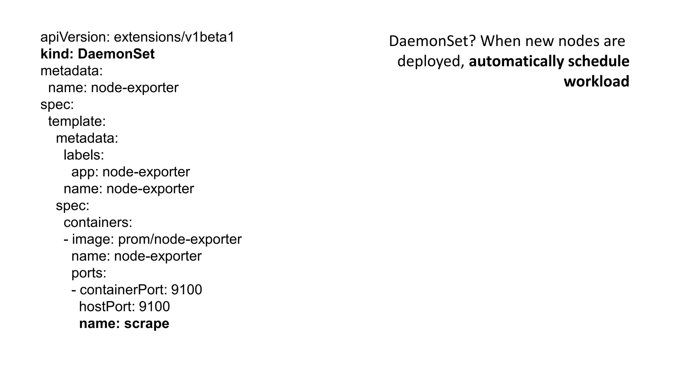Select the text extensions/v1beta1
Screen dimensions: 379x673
(174, 38)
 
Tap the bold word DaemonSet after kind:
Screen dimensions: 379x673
(116, 54)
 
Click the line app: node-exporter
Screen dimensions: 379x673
(130, 172)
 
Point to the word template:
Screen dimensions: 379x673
(77, 121)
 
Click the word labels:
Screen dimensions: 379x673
(84, 155)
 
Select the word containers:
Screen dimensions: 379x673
(98, 223)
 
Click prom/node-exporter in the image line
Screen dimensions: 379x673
(180, 240)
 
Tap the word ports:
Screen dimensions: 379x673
(89, 273)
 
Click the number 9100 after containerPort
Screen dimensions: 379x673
(187, 290)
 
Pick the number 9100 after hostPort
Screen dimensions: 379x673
(154, 307)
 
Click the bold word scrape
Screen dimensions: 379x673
(147, 324)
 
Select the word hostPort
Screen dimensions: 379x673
(107, 307)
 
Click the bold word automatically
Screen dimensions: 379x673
(516, 62)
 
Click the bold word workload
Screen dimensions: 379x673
(596, 82)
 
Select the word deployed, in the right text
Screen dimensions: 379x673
(431, 62)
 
